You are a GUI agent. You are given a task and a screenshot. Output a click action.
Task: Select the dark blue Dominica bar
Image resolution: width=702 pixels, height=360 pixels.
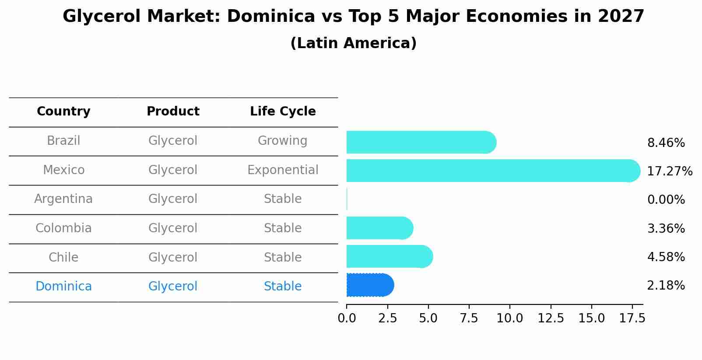pos(370,285)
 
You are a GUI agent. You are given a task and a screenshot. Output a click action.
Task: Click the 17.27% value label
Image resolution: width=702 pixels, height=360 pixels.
pos(669,171)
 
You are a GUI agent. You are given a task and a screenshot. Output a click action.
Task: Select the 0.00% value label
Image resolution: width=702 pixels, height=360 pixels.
pos(666,200)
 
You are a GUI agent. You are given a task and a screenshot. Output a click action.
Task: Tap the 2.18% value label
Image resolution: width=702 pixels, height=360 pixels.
pos(666,286)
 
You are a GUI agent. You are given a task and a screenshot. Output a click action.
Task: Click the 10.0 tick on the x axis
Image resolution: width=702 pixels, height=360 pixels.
pos(510,318)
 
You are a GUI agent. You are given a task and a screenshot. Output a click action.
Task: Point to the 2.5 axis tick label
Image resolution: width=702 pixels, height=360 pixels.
pos(387,318)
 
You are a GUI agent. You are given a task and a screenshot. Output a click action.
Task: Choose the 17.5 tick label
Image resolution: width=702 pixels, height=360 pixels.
pos(632,318)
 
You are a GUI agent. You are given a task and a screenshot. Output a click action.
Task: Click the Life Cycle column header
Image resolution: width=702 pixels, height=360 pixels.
pos(283,112)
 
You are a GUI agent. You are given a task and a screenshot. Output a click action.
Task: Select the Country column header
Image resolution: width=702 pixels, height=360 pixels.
pos(63,112)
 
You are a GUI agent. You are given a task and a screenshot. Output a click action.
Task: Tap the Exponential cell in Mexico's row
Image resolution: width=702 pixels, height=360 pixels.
pos(283,170)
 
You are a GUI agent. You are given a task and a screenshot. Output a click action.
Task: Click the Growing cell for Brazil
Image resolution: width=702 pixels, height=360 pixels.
pos(282,141)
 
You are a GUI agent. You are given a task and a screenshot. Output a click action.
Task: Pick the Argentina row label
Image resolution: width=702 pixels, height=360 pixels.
pos(63,199)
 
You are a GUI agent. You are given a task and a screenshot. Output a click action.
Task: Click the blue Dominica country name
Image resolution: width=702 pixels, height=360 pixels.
pos(63,287)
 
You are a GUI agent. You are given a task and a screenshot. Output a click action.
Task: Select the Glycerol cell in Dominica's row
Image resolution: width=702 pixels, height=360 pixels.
pos(173,287)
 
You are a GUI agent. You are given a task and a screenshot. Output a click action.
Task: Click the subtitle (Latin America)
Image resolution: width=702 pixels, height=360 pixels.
pos(353,43)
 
